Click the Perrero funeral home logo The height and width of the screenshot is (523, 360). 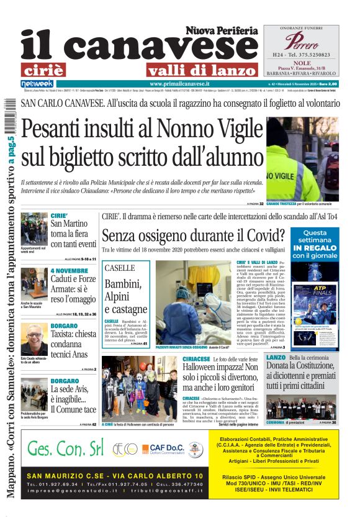point(300,42)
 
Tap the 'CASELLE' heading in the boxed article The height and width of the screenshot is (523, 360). point(120,268)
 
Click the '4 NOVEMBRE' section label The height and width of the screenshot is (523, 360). point(69,271)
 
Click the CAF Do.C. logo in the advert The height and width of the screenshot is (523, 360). point(162,448)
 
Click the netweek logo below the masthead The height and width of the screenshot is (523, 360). point(37,83)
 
